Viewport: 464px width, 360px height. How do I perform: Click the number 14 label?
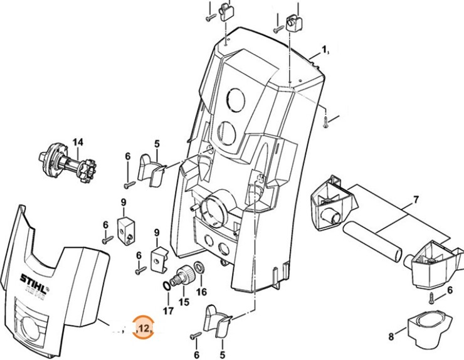tap(77, 142)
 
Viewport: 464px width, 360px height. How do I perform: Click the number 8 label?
tap(391, 337)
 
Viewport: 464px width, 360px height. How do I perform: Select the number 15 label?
tap(184, 302)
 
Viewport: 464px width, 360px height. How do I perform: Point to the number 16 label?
tap(201, 292)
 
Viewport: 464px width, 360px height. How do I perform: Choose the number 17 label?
tap(167, 310)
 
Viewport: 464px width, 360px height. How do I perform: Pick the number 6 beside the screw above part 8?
tap(450, 289)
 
